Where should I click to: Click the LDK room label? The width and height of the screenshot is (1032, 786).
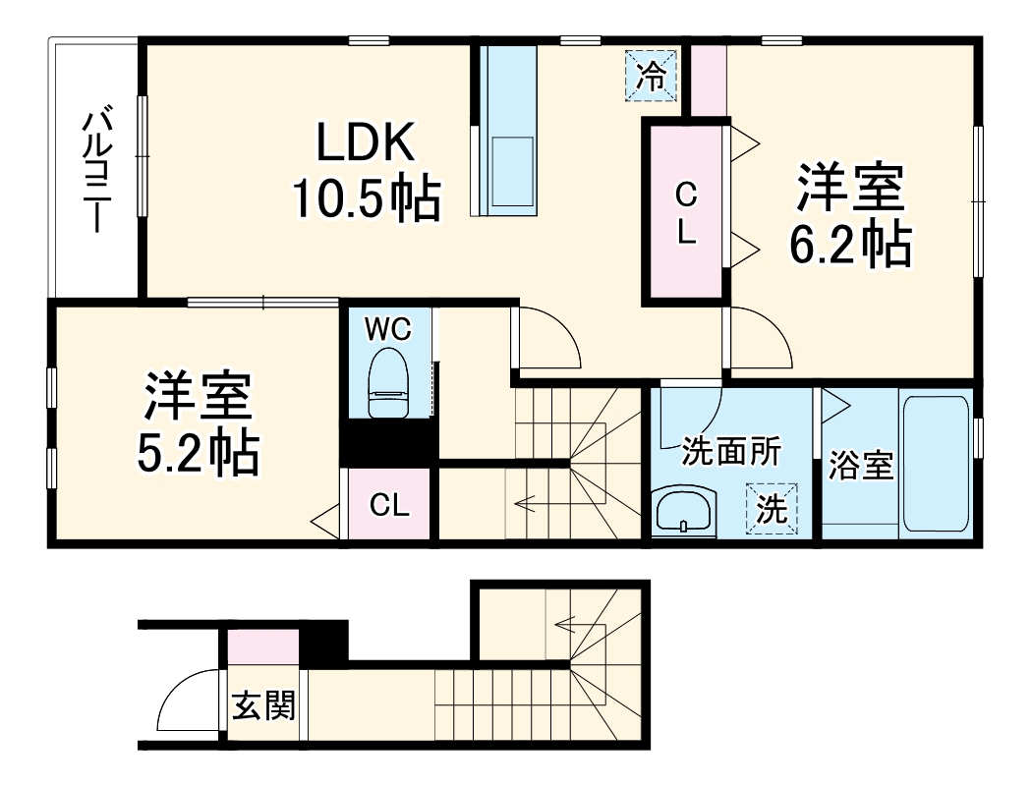(x=366, y=144)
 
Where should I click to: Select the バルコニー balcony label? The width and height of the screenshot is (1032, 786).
(x=95, y=172)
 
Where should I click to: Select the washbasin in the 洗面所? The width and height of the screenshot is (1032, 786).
(x=683, y=512)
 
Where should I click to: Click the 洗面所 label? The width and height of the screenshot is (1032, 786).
(x=731, y=451)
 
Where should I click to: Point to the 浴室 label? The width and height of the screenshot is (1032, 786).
(x=860, y=466)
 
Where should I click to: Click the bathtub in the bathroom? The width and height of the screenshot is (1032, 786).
(x=935, y=462)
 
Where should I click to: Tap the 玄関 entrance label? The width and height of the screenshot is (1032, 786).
(x=263, y=704)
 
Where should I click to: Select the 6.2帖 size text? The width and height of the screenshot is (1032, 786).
(x=851, y=246)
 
